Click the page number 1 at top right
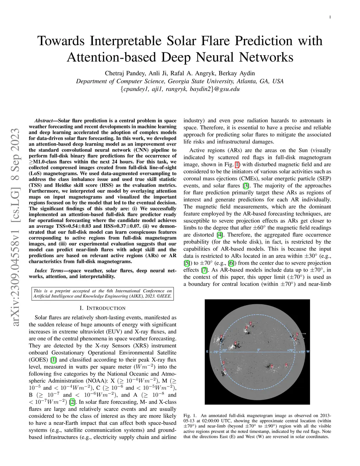[331, 17]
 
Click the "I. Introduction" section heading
[102, 308]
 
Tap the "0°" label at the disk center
[259, 350]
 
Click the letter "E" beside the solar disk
[207, 351]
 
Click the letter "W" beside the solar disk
[308, 351]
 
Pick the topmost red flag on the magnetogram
[250, 323]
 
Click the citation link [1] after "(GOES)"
[53, 359]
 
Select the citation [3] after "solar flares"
[246, 186]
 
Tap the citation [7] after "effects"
[204, 270]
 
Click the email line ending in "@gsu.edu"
[180, 89]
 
